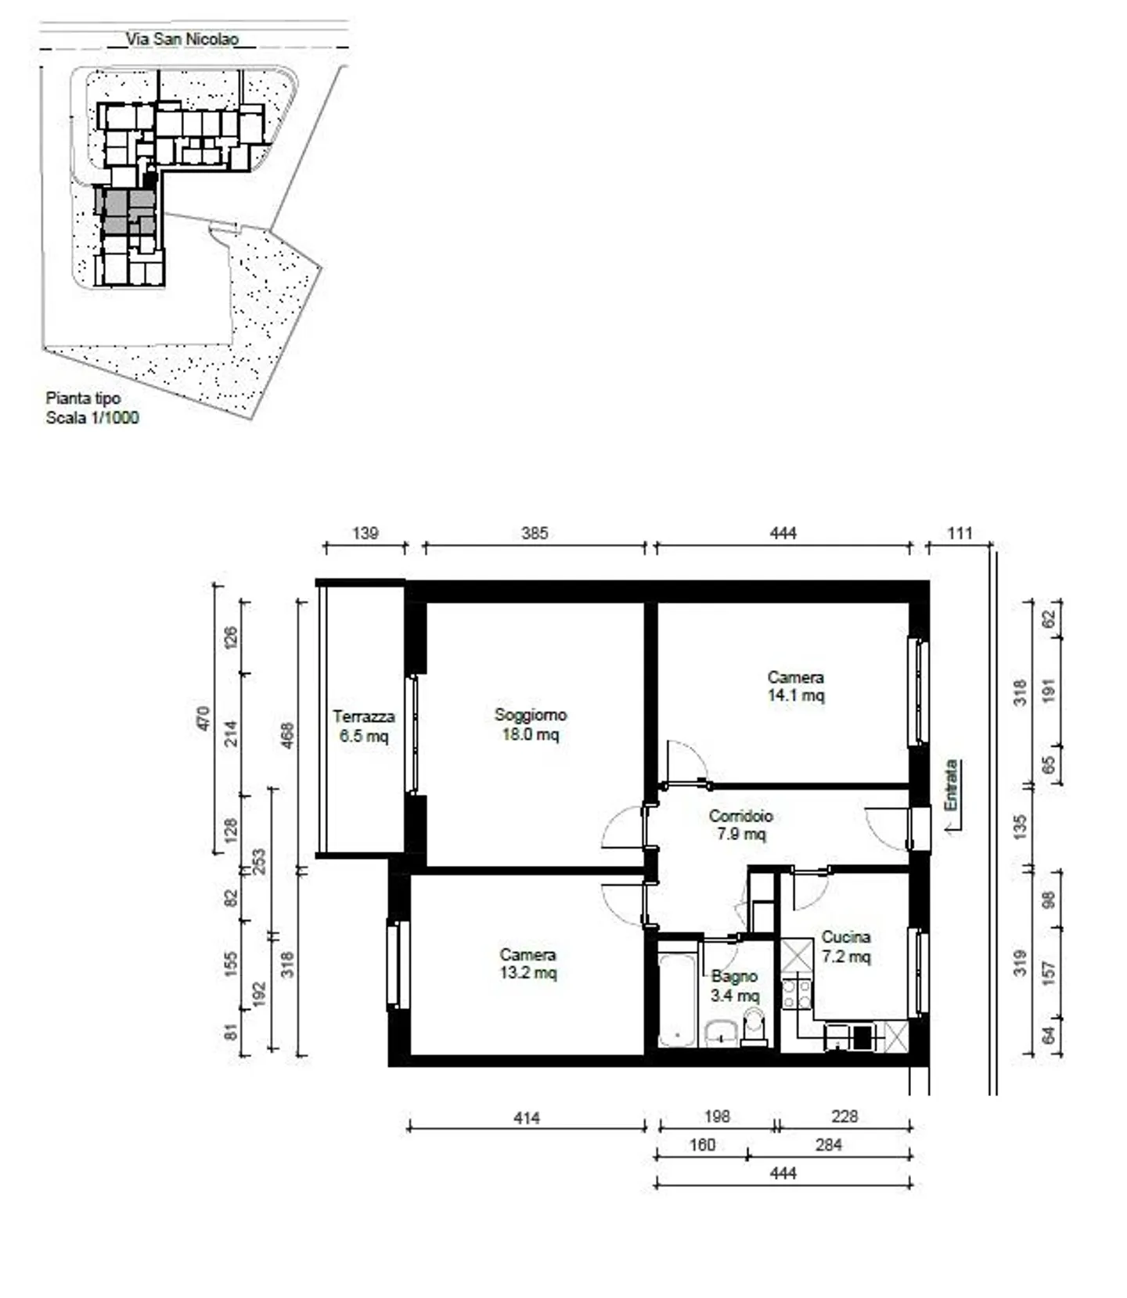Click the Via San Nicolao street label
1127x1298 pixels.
click(182, 38)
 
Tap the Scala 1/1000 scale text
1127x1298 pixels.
click(92, 417)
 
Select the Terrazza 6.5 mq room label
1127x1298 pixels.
click(363, 726)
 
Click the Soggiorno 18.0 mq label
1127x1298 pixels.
click(530, 724)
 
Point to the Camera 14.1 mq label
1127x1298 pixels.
click(795, 686)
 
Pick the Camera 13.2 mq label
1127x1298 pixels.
click(528, 964)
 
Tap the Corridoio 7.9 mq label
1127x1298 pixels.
click(740, 824)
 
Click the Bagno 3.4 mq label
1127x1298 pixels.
click(734, 986)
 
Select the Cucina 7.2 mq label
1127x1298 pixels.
click(845, 946)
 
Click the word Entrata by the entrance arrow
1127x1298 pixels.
click(950, 785)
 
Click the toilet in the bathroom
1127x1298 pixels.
click(754, 1026)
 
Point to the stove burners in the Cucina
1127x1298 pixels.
click(797, 993)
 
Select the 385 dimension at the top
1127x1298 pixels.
click(535, 533)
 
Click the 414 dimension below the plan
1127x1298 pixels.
click(526, 1118)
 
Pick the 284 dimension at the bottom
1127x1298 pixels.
click(828, 1145)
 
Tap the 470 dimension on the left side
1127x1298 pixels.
click(203, 718)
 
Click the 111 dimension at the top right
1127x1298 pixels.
click(960, 533)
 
